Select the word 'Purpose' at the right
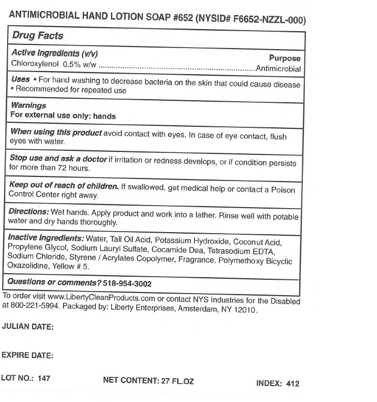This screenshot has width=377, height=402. [x=284, y=58]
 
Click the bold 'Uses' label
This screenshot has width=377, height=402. [x=20, y=80]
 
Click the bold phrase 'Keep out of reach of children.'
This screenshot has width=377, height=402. [x=64, y=185]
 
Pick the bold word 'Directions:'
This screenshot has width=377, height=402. [x=29, y=212]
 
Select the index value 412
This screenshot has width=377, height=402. [x=292, y=384]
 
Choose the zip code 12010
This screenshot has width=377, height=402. [x=244, y=310]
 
